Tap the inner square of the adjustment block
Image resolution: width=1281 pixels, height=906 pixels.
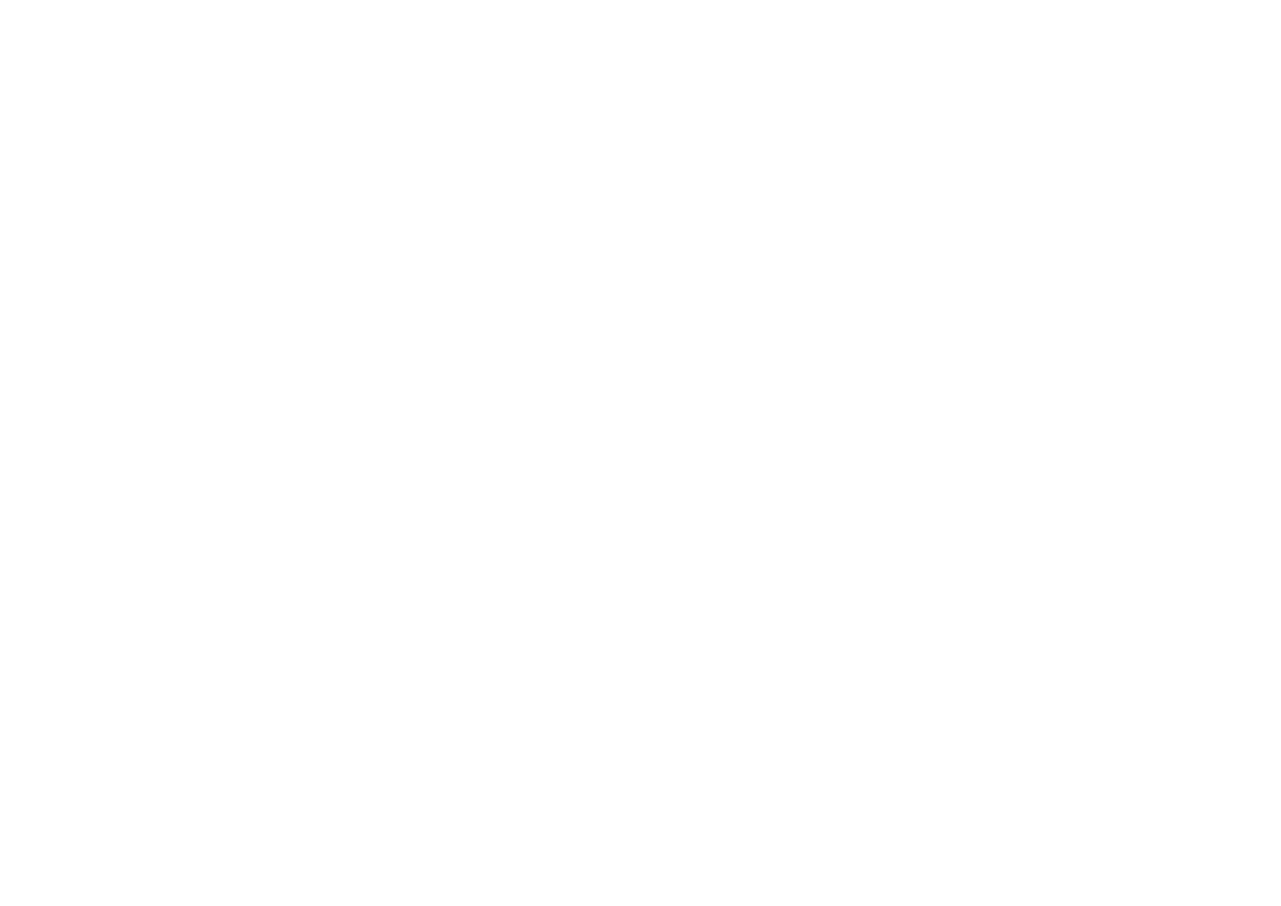(381, 454)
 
